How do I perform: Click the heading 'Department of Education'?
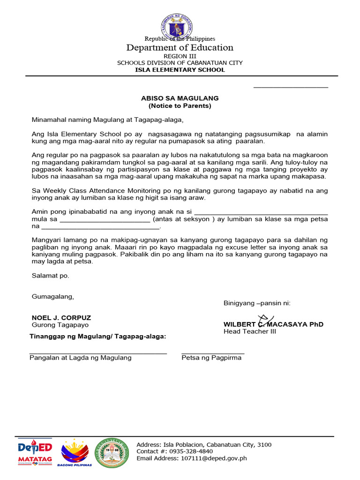point(180,48)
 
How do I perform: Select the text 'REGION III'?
point(180,56)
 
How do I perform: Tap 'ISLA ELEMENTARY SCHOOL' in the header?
point(180,70)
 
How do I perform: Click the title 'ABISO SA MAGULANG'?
point(180,98)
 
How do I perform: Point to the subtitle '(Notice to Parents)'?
point(180,106)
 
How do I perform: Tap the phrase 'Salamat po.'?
point(50,276)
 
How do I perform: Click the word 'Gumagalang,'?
point(52,296)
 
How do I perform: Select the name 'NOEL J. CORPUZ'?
point(61,318)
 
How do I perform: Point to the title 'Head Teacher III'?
point(250,332)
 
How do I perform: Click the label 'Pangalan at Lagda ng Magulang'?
point(81,358)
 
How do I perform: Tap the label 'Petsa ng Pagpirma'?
point(211,358)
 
